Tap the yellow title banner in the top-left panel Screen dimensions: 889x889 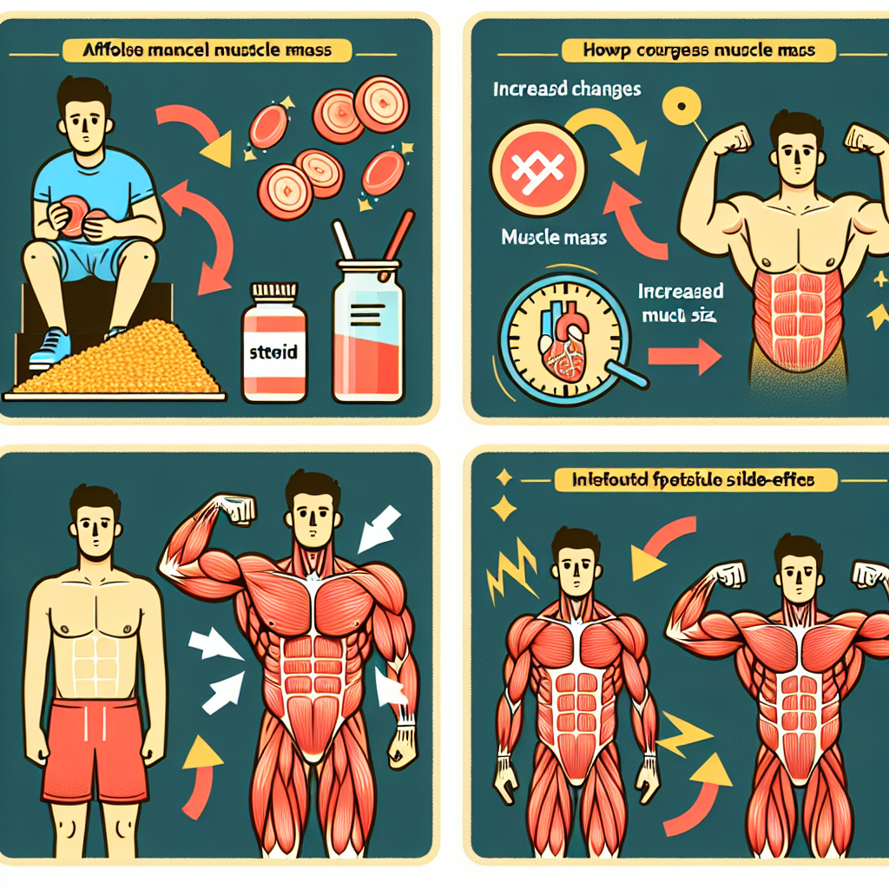tap(207, 50)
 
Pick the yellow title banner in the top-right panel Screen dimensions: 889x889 tap(700, 50)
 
